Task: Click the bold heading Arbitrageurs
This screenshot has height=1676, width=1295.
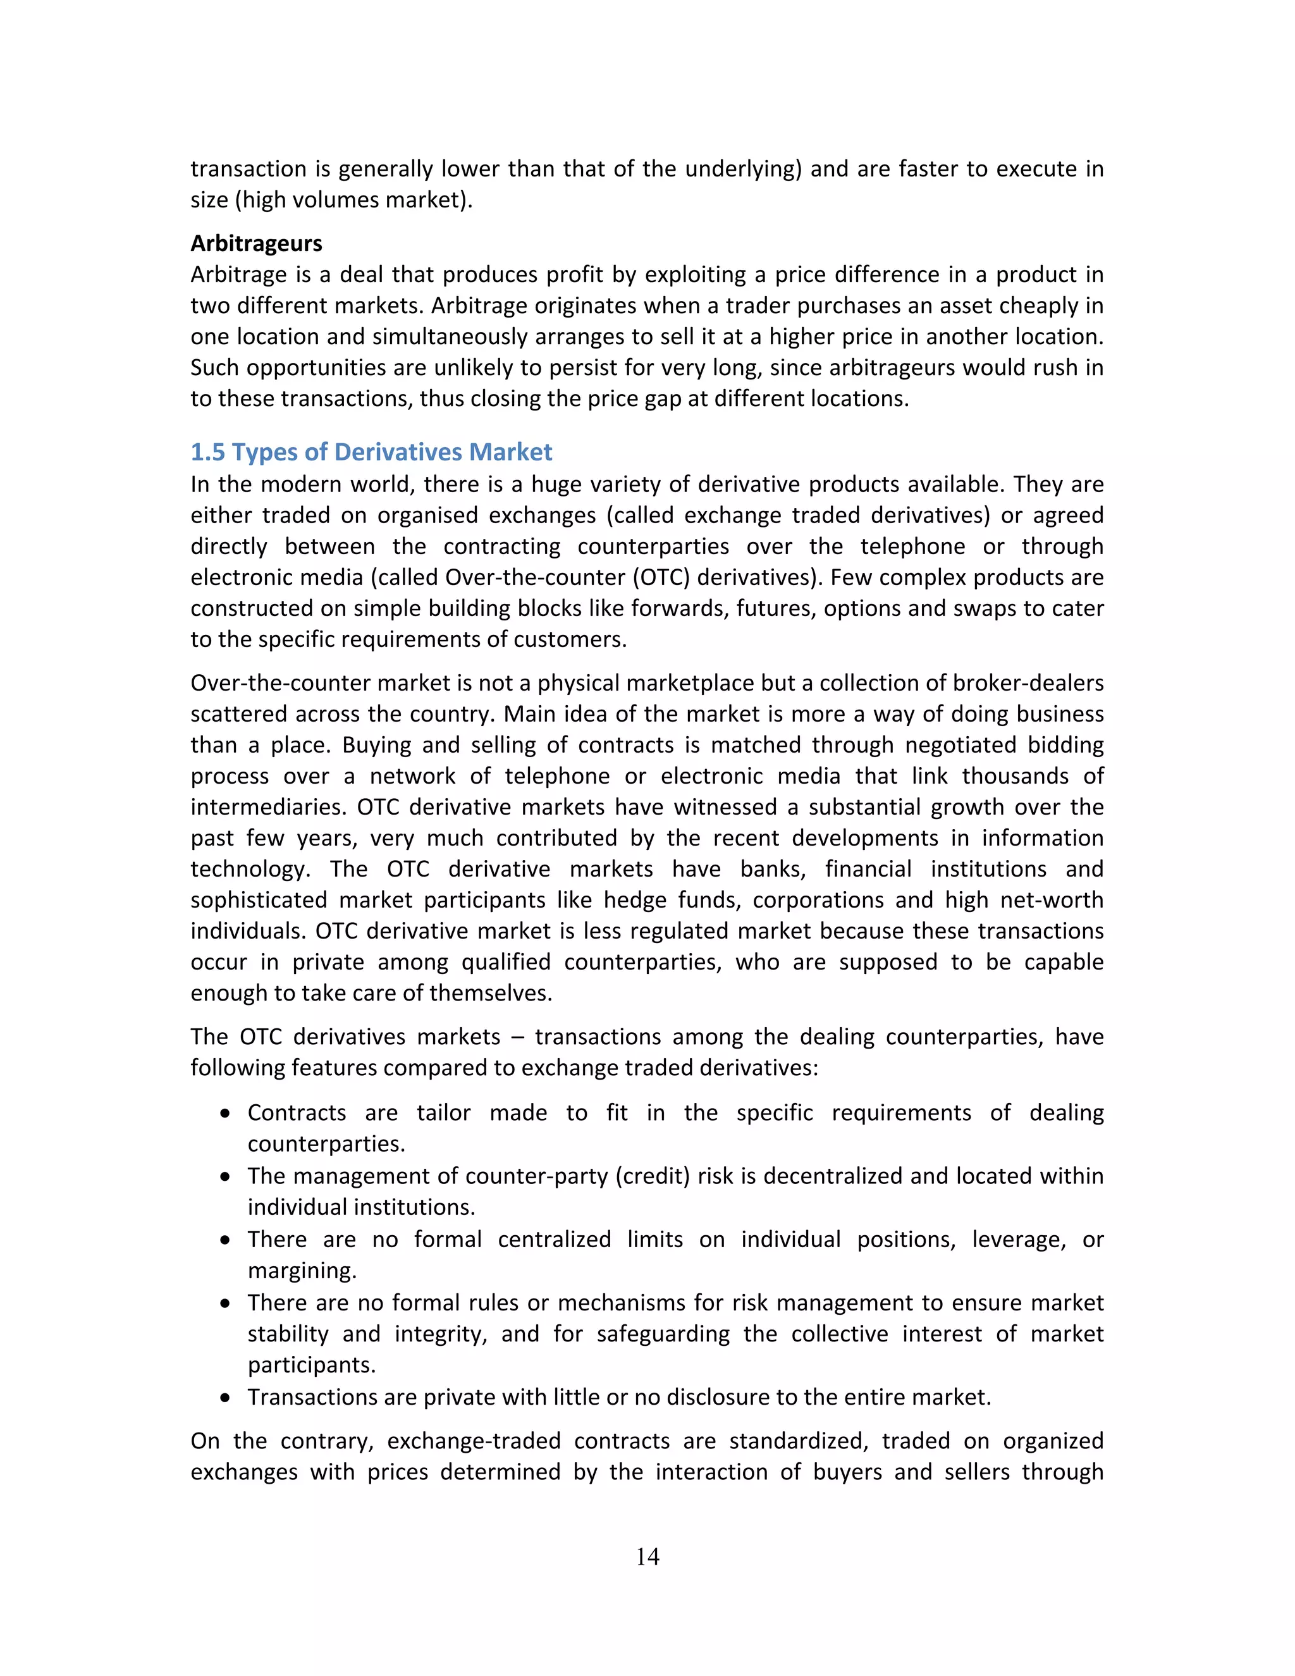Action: (256, 243)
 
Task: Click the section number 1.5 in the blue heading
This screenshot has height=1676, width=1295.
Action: (207, 452)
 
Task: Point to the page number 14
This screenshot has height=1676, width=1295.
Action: (647, 1556)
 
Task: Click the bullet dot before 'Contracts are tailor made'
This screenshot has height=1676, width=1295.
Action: (224, 1114)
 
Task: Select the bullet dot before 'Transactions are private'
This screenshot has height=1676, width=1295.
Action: (224, 1398)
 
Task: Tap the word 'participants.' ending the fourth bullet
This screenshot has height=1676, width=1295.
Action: (312, 1365)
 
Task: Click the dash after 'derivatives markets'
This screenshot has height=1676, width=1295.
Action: (517, 1037)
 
